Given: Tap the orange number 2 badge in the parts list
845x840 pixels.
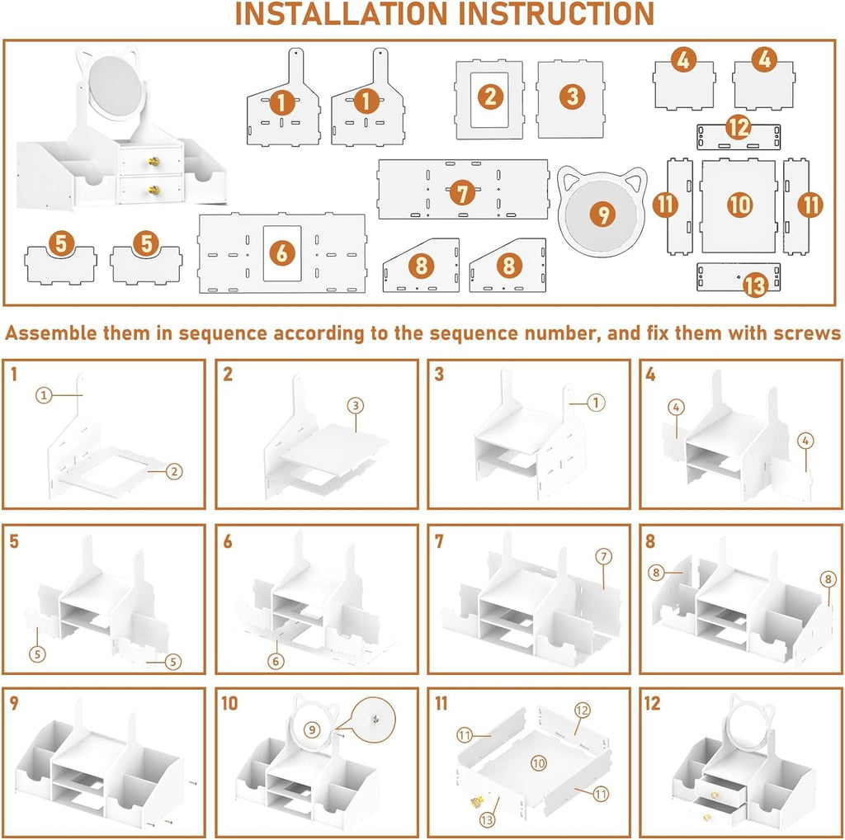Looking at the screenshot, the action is pos(490,97).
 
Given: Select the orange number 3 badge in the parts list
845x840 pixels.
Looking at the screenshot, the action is pos(572,97).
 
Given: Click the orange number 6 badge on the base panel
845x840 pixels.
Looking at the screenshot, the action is pos(282,253).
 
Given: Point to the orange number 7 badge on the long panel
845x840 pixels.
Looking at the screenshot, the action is pos(462,193).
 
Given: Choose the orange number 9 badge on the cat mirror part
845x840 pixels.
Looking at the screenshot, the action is pos(603,215).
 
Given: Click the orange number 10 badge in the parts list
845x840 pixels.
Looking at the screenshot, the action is pos(739,205).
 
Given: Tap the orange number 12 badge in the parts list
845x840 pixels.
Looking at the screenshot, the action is pos(738,128).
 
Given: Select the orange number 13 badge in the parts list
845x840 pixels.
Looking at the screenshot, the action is pos(755,285).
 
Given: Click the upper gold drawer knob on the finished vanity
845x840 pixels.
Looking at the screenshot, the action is pos(153,161).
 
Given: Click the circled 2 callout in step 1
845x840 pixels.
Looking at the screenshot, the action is pos(173,472).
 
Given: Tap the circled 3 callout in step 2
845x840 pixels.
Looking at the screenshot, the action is pos(355,406).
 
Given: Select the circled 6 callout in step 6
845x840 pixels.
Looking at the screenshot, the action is pos(276,661).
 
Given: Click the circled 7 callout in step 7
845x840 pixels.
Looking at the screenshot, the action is pos(603,557).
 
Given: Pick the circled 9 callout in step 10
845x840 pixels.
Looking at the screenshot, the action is pos(311,730).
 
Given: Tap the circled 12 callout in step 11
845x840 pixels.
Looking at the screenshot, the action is pos(582,710).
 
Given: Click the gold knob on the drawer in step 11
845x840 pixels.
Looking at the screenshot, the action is pos(477,802).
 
